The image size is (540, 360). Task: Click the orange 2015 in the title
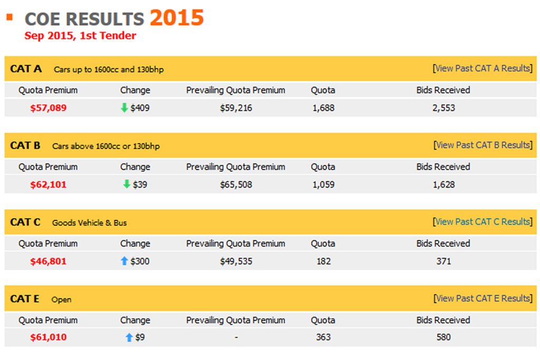coord(177,17)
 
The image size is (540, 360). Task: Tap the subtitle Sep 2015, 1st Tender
coord(80,35)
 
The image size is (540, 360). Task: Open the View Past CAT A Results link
coord(483,68)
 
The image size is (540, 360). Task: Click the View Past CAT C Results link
coord(483,222)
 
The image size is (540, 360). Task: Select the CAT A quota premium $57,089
coord(48,108)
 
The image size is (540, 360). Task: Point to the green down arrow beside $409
coord(124,108)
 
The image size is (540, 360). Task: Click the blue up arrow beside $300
coord(124,261)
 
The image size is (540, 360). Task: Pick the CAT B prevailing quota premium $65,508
coord(236,185)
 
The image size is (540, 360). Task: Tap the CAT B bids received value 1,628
coord(443,185)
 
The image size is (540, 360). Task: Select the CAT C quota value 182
coord(323,261)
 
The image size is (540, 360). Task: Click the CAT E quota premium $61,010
coord(48,337)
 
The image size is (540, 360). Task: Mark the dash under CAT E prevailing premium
coord(236,338)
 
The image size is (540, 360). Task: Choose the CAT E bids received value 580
coord(443,337)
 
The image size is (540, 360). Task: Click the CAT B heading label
coord(25,145)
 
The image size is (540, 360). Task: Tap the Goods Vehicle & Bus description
coord(90,222)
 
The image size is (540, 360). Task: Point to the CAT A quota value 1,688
coord(323,108)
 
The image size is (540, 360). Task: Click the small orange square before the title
coord(9,16)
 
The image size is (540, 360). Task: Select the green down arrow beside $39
coord(127,184)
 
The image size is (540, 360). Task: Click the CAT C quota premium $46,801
coord(48,261)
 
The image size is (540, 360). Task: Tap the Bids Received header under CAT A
coord(443,90)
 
